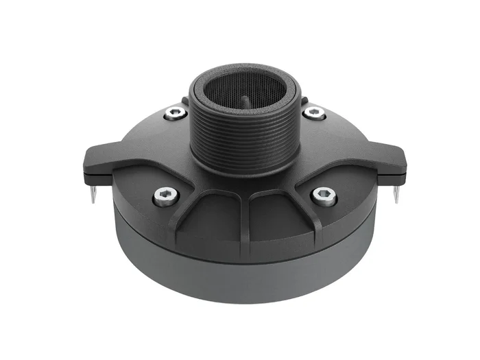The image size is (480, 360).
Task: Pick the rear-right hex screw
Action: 314,113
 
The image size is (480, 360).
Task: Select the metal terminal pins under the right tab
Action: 398,191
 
